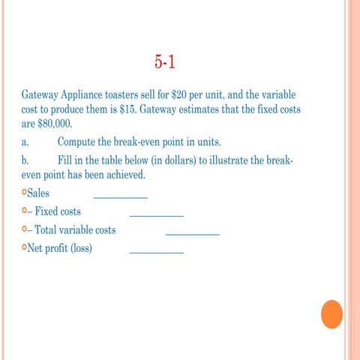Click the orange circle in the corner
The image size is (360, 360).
coord(331,313)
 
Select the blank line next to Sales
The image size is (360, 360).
coord(120,197)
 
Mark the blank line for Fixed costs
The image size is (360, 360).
coord(157,215)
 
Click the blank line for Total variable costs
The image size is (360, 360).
coord(192,234)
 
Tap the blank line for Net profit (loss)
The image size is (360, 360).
coord(157,252)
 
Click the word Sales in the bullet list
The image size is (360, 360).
coord(38,193)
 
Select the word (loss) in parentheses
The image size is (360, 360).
coord(82,248)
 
